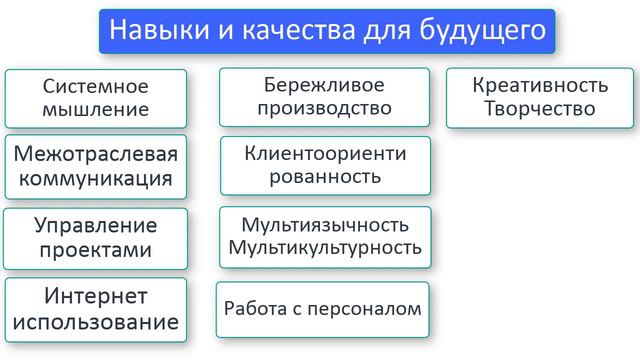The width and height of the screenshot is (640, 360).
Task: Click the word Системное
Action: (96, 86)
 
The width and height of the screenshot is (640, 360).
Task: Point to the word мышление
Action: (96, 110)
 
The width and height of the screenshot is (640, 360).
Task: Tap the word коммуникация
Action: (96, 180)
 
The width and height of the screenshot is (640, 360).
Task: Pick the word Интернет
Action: (96, 296)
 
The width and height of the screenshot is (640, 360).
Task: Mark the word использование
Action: (96, 322)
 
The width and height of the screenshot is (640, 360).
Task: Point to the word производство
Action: (324, 108)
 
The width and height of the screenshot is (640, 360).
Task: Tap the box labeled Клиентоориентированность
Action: (325, 165)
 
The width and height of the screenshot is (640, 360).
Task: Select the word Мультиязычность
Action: (325, 223)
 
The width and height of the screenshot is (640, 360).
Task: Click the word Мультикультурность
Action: (325, 247)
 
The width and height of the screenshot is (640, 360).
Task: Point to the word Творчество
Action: (539, 109)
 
